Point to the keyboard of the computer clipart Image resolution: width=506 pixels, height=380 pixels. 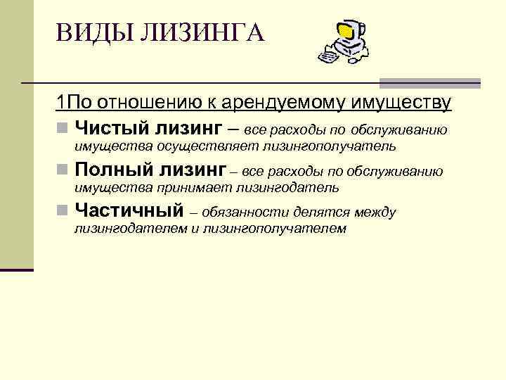(328, 53)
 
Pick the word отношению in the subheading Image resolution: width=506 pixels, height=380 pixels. (143, 103)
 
